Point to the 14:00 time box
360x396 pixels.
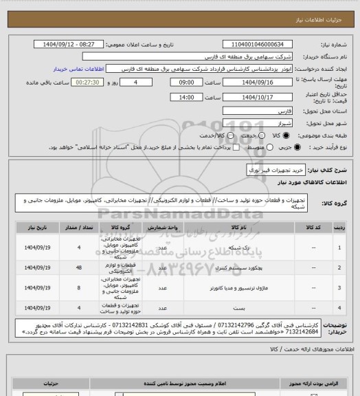[x=185, y=98]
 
